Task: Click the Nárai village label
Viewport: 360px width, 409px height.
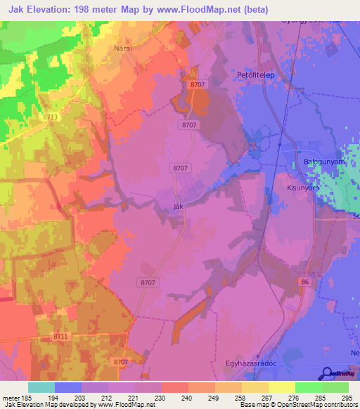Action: tap(124, 50)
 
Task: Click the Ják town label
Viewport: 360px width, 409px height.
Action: tap(179, 207)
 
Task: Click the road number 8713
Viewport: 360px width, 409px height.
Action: tap(50, 117)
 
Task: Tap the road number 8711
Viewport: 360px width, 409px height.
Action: tap(60, 337)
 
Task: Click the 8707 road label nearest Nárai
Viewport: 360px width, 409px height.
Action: tap(198, 85)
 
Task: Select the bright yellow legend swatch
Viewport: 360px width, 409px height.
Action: tap(281, 387)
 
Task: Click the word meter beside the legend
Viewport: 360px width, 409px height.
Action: tap(11, 398)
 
